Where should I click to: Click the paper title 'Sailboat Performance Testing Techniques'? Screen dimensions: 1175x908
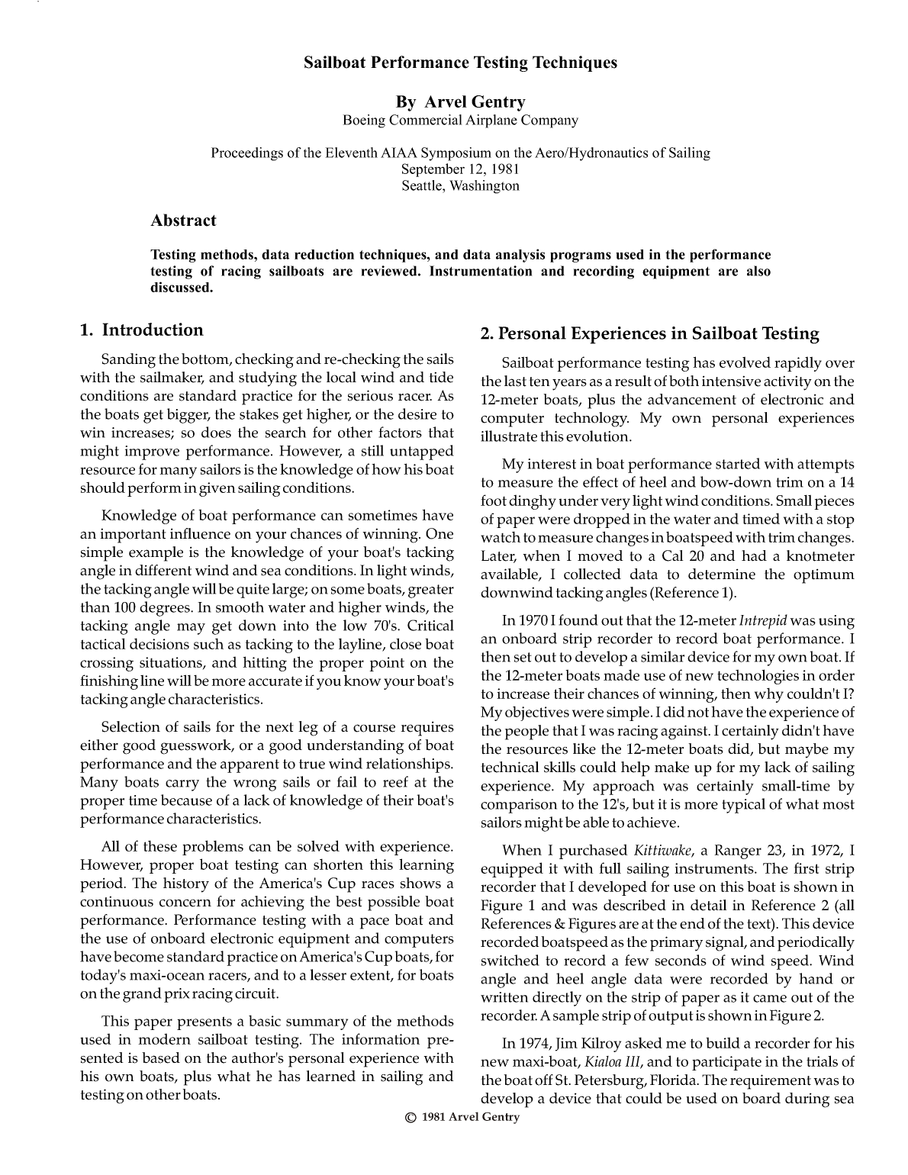click(460, 63)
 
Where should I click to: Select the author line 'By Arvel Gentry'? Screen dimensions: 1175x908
click(460, 101)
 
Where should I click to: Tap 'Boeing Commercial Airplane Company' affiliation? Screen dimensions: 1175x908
click(460, 120)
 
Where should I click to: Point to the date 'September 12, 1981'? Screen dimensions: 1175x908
click(460, 169)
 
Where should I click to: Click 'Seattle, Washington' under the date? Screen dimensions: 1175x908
click(460, 186)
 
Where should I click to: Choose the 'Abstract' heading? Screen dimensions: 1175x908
click(183, 221)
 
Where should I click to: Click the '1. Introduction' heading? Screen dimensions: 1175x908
click(142, 330)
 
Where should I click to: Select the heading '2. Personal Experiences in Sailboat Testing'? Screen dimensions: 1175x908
click(649, 333)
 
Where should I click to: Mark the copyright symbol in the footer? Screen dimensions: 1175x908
click(411, 1118)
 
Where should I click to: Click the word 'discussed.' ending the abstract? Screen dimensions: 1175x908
click(181, 288)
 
